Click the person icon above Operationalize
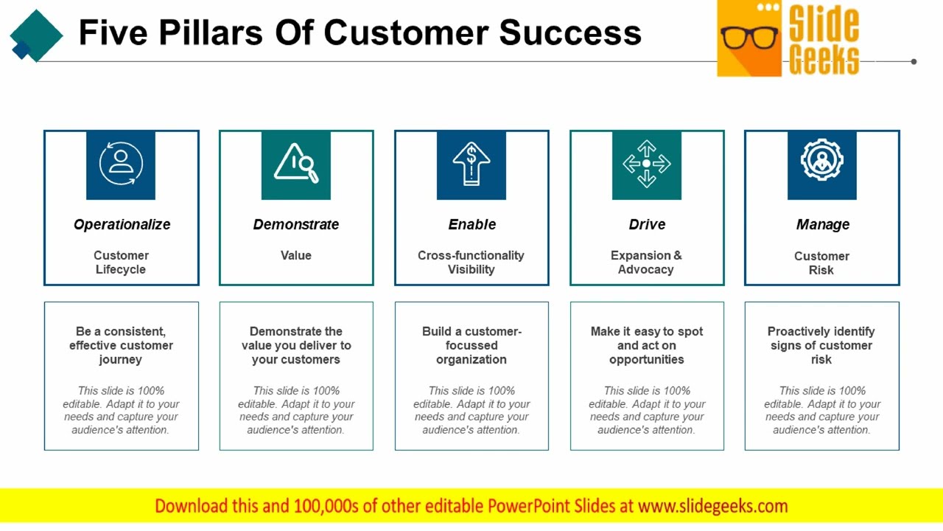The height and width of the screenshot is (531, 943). tap(121, 164)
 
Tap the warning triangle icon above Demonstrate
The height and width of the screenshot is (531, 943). tap(295, 163)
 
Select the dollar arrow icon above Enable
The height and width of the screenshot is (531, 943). tap(471, 164)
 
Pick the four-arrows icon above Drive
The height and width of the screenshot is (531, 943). tap(646, 164)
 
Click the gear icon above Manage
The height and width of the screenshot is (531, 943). tap(821, 161)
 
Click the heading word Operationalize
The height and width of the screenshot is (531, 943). tap(122, 224)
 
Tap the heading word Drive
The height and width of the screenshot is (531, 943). tap(647, 224)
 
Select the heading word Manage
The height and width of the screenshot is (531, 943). tap(822, 224)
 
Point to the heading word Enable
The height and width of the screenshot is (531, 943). tap(471, 224)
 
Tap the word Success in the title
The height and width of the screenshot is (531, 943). tap(569, 32)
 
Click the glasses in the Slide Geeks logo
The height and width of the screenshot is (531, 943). tap(749, 37)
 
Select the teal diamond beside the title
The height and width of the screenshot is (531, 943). tap(36, 34)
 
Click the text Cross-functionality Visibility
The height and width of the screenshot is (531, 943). tap(471, 262)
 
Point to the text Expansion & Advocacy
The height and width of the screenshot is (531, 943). tap(646, 262)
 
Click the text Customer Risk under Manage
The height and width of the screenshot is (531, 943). tap(821, 263)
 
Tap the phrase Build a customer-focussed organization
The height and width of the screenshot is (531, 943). tap(471, 345)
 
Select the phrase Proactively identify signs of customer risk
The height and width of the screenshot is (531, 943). tap(821, 345)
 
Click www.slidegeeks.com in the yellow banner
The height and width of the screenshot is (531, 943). tap(712, 506)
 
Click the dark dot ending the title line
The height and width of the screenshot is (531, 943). tap(914, 62)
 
